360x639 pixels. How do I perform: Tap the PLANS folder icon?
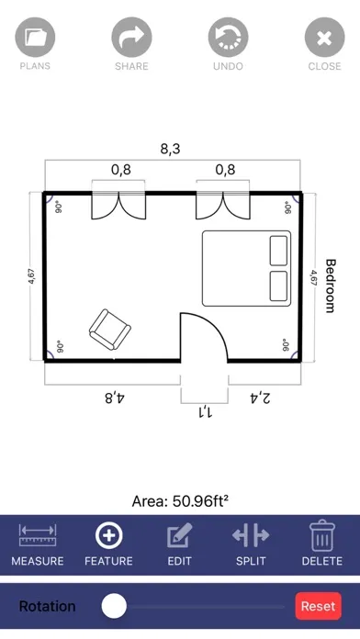pos(35,38)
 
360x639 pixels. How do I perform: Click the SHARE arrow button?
pos(131,38)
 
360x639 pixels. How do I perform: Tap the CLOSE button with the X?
pos(324,38)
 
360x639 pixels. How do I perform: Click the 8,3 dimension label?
pos(170,149)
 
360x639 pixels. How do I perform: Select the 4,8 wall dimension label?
pos(115,397)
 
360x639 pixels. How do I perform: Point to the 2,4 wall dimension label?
pos(259,398)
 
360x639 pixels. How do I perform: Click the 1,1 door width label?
pos(205,412)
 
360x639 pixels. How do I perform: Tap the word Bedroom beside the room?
pos(331,286)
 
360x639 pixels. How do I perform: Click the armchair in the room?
pos(109,330)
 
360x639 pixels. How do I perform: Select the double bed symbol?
pos(247,269)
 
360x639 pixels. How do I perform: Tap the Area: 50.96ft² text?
pos(180,501)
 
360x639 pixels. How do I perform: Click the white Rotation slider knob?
pos(114,606)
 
